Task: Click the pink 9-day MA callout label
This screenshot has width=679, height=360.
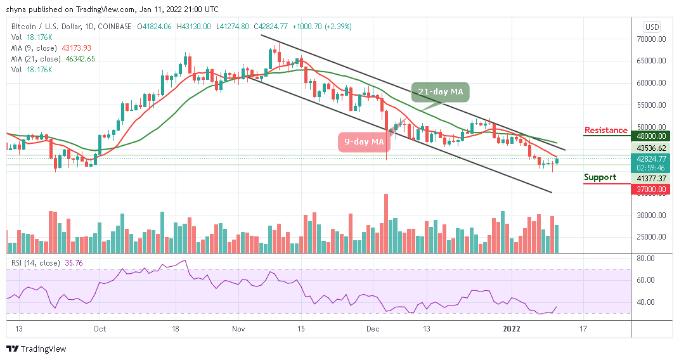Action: pyautogui.click(x=360, y=141)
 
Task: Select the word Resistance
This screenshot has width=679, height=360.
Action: pyautogui.click(x=605, y=131)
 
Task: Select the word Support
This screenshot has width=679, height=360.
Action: pyautogui.click(x=600, y=177)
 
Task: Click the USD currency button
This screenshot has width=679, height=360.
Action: pyautogui.click(x=652, y=27)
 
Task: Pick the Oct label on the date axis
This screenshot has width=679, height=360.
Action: pyautogui.click(x=99, y=329)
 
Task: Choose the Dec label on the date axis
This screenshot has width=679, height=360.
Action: pyautogui.click(x=372, y=329)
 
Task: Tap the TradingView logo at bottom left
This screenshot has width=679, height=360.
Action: pyautogui.click(x=36, y=349)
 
